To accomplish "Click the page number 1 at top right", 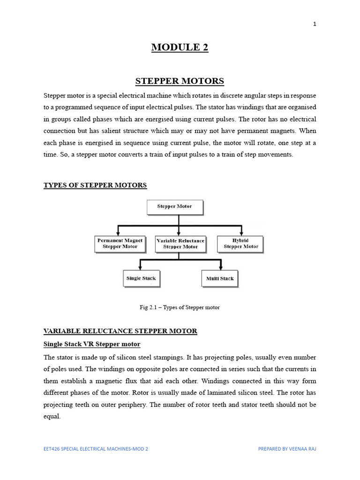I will pos(315,24).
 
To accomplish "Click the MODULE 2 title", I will pos(180,47).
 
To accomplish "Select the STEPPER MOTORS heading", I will pos(180,81).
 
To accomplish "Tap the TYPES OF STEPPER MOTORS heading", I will pos(95,185).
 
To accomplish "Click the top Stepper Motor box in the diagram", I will pos(174,207).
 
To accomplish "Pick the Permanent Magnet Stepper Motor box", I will pos(120,243).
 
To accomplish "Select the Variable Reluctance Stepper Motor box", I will pos(180,243).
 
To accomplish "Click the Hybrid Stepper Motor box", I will pos(241,243).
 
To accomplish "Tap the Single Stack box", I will pos(141,278).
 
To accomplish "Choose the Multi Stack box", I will pos(220,278).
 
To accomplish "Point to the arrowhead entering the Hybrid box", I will pos(241,233).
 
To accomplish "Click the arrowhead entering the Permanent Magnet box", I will pos(118,233).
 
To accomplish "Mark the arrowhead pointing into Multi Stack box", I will pos(220,268).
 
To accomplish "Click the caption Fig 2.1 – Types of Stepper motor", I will pos(180,307).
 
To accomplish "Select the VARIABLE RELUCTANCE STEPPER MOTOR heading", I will pos(120,331).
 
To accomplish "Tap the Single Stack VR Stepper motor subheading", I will pos(92,345).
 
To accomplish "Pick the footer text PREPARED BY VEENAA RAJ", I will pos(287,449).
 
